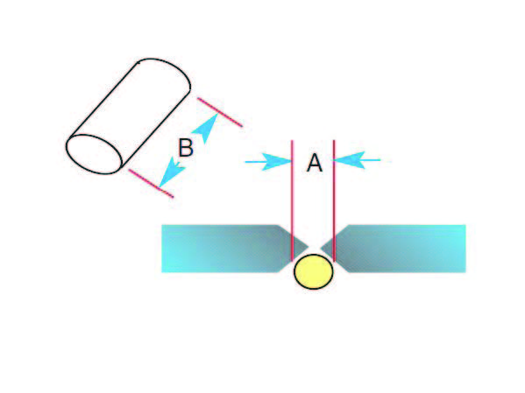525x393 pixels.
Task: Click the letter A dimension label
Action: (315, 163)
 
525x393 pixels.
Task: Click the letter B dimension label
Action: (186, 148)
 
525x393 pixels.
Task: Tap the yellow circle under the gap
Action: (314, 271)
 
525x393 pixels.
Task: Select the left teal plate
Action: (231, 249)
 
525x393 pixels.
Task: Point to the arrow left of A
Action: (268, 162)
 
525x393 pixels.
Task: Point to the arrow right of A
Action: (357, 160)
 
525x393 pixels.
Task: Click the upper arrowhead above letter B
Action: (206, 127)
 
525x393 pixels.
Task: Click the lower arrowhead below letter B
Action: (172, 172)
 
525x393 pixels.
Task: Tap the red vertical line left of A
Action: (292, 200)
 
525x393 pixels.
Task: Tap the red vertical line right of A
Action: (334, 200)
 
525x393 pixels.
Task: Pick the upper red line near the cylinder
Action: (220, 112)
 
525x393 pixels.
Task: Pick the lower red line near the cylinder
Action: (151, 183)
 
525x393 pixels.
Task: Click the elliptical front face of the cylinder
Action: (94, 154)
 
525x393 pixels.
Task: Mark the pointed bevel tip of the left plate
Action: (308, 248)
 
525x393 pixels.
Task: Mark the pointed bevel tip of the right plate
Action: (321, 248)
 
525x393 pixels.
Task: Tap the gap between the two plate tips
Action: (315, 248)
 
